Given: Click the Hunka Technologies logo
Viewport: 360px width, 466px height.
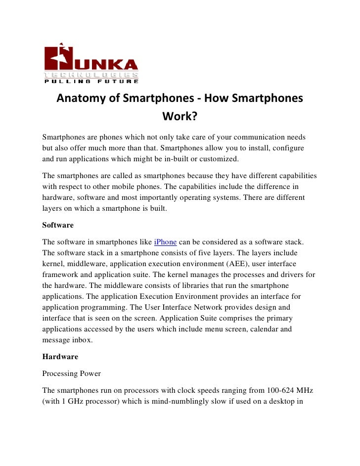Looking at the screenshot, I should coord(91,63).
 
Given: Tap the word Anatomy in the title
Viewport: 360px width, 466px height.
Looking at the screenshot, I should coord(80,98).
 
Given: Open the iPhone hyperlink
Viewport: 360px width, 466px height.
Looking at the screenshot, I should coord(165,242).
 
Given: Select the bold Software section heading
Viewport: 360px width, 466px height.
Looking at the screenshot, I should coord(58,225).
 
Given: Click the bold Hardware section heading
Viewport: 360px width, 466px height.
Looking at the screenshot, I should coord(60,356).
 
